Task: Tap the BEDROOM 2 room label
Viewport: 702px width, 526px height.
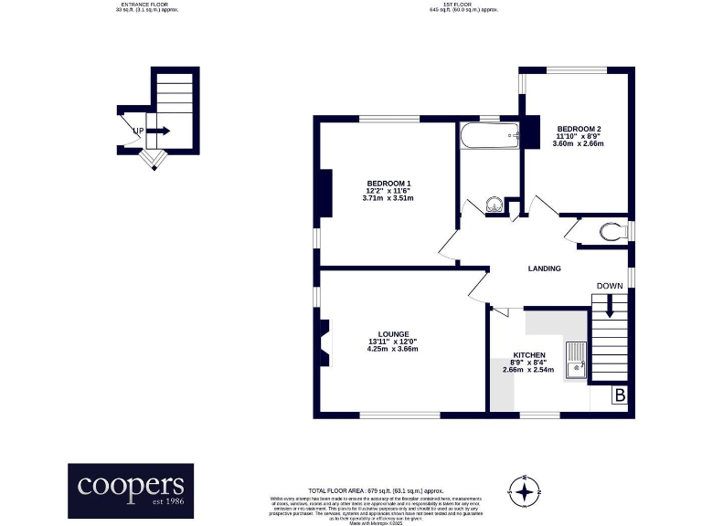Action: point(578,129)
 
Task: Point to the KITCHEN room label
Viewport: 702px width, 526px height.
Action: point(529,355)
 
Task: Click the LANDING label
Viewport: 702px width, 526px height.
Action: point(544,268)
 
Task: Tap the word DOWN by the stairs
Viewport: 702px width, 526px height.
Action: point(610,286)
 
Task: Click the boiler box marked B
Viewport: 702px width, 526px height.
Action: point(620,395)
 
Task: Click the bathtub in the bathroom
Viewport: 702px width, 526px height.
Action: point(490,137)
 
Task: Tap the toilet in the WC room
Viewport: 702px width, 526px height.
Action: point(611,229)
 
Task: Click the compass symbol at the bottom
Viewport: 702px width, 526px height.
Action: point(525,492)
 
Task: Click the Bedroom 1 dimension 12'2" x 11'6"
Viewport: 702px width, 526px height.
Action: point(388,191)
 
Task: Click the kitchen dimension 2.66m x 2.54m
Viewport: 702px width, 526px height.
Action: point(529,371)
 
